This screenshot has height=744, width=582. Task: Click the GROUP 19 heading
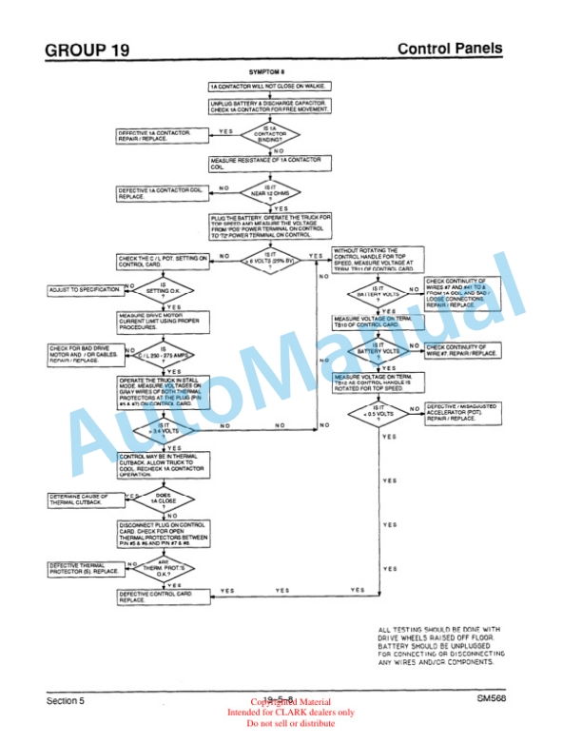(87, 49)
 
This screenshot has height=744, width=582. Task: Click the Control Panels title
(449, 49)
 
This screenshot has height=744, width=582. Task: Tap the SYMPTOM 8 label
(268, 72)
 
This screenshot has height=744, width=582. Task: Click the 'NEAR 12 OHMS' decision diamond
(270, 192)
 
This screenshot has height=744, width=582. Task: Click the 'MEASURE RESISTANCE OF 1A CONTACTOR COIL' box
(270, 163)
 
